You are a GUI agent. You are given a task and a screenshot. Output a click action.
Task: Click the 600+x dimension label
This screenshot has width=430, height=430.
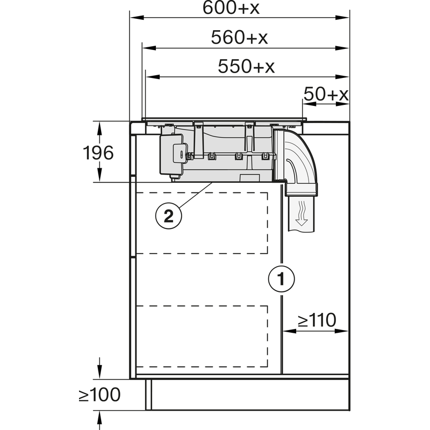pos(240,8)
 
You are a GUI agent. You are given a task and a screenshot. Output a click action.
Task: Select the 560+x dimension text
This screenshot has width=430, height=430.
pos(240,38)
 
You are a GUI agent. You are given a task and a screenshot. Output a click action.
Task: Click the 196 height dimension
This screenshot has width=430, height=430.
pos(98,153)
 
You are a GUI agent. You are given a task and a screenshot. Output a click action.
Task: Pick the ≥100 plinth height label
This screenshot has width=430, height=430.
pos(99,395)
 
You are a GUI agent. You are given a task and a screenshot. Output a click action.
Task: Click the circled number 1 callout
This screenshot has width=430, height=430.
pos(281,279)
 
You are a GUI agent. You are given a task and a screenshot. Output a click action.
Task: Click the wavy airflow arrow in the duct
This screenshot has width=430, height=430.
pos(302,213)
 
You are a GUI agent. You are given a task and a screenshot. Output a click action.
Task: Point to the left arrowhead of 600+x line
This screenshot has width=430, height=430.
pos(134,18)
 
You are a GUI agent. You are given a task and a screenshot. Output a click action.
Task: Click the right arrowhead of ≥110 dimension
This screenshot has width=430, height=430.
pos(345,331)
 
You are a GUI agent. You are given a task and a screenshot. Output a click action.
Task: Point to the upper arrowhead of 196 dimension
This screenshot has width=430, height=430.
pos(99,126)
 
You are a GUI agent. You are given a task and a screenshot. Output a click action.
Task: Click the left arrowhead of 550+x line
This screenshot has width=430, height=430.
pos(150,76)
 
